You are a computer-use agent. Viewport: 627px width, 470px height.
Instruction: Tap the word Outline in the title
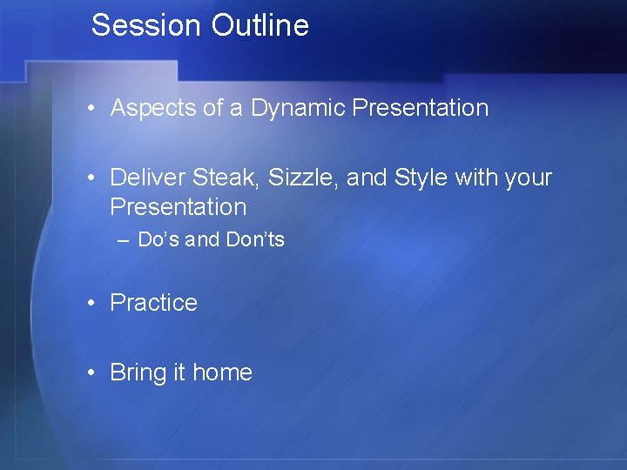coord(260,25)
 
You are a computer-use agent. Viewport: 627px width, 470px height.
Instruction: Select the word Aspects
coord(144,109)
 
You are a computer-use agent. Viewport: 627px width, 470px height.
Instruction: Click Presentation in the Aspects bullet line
coord(421,108)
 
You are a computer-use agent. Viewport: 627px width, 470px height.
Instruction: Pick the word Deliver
coord(147,178)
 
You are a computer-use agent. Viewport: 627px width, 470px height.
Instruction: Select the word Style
coord(421,178)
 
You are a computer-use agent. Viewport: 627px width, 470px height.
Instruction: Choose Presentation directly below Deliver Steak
coord(179,207)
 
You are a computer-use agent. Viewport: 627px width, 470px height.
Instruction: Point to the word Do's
coord(158,239)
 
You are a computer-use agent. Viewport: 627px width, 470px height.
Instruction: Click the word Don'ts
coord(255,239)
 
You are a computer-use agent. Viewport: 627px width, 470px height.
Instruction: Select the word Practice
coord(153,303)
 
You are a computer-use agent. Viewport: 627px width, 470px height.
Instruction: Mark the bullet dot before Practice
coord(91,304)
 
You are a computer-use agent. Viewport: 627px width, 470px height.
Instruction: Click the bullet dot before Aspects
coord(91,109)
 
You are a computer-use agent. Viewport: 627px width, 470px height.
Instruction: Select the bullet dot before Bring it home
coord(91,373)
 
